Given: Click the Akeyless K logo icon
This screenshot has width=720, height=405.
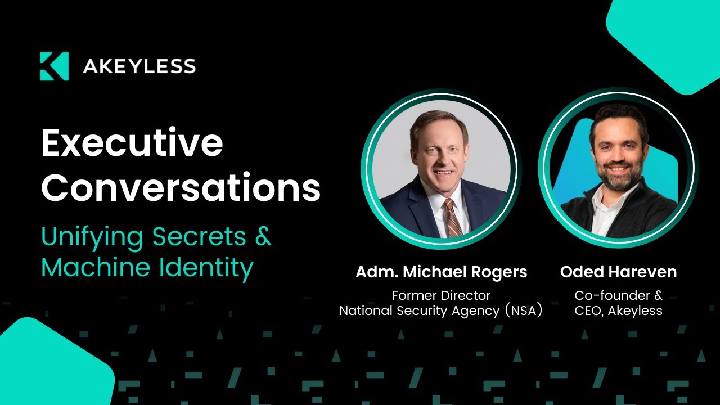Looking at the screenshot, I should pos(54,66).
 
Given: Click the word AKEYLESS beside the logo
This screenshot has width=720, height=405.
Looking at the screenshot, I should pos(139,67).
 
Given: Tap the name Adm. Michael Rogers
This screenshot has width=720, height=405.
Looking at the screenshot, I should pos(441,272).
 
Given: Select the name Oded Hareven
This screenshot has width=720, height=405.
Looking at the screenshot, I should pos(618,272).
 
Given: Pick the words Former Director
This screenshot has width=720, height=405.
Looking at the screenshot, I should pos(441,295).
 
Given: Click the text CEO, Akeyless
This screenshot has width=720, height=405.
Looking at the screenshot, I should pos(618,310).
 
